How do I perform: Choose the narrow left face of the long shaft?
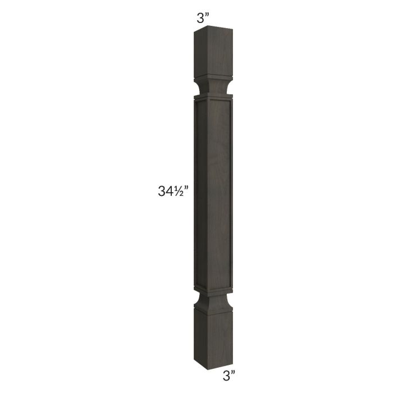tap(197, 194)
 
